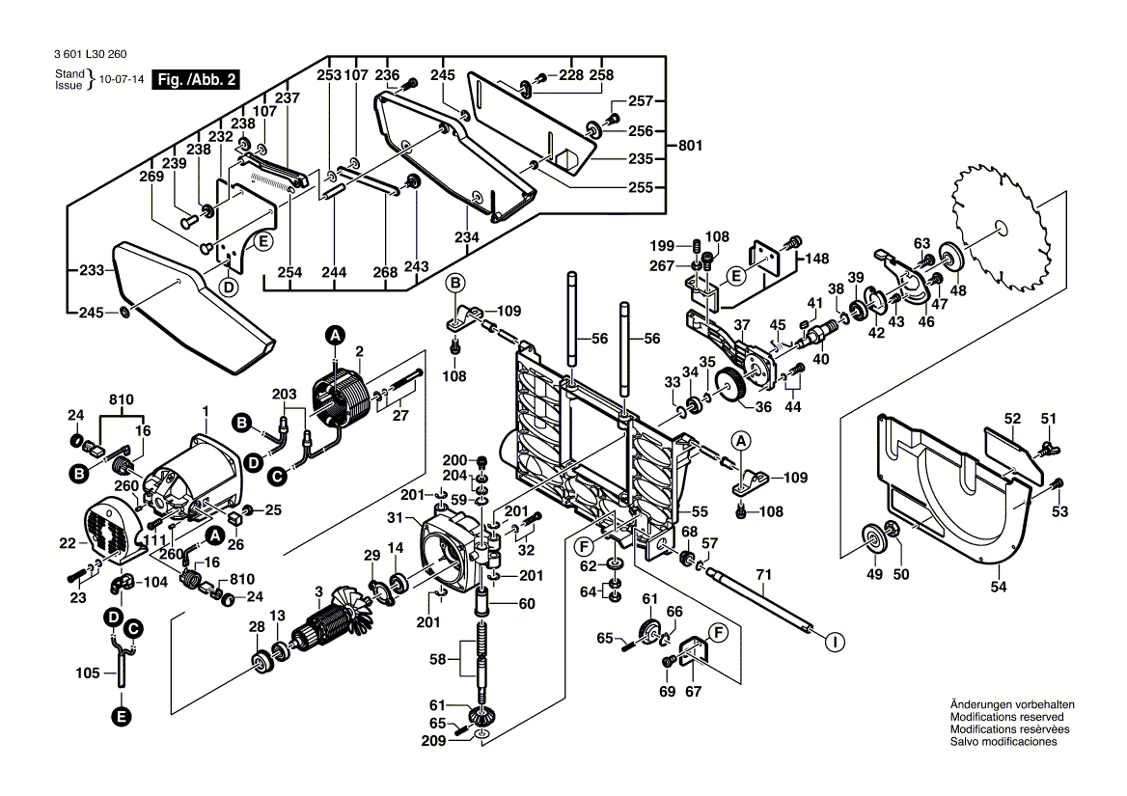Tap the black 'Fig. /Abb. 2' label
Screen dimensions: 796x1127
coord(198,81)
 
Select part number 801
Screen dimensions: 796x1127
coord(690,146)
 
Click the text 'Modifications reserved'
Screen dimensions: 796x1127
coord(1006,717)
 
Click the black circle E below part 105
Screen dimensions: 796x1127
coord(121,716)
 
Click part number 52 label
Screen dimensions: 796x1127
coord(1011,419)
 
